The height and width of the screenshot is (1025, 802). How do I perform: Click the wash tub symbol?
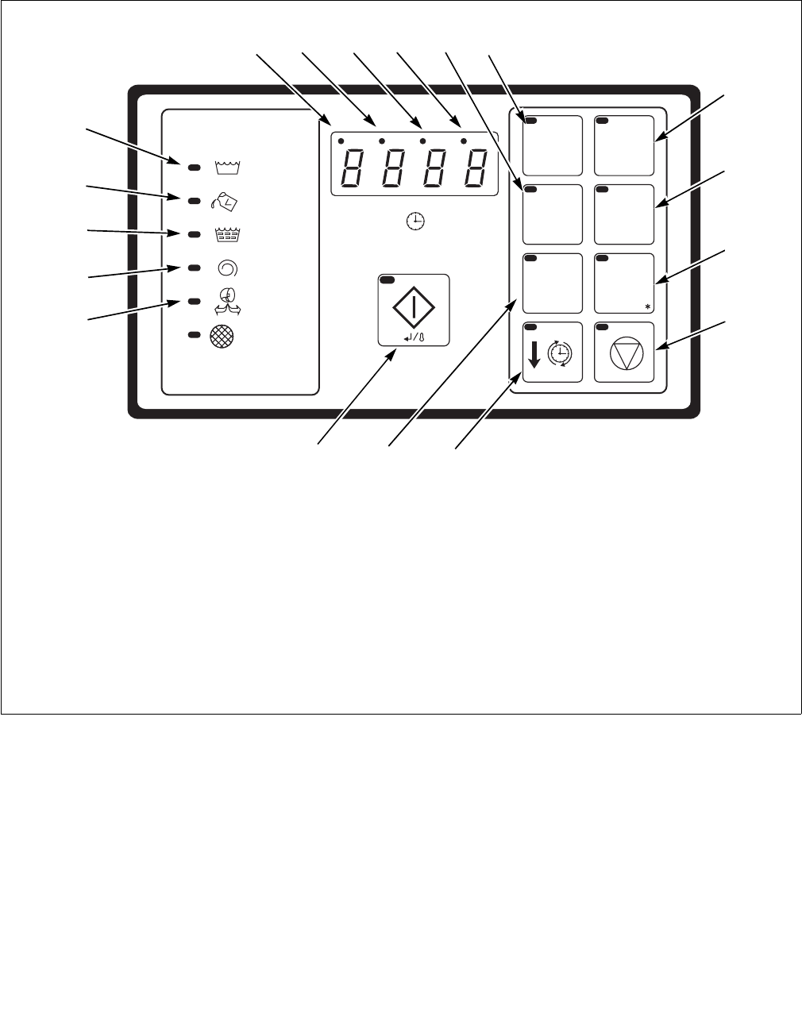(x=226, y=167)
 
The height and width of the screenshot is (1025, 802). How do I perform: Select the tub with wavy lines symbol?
(x=226, y=234)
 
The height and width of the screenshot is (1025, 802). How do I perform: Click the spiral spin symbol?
(x=226, y=268)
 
